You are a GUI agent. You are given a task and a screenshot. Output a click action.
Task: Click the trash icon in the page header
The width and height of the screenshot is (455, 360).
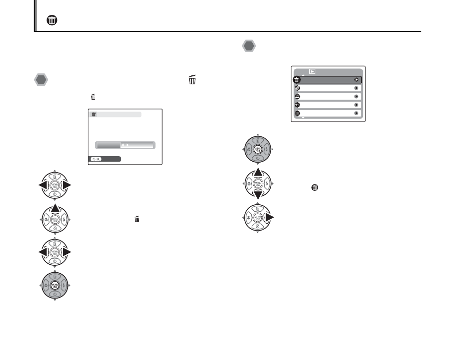click(x=51, y=20)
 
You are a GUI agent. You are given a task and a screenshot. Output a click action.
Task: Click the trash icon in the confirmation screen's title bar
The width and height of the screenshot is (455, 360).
click(x=93, y=115)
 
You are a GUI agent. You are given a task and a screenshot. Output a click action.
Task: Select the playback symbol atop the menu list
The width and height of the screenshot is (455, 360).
click(x=313, y=71)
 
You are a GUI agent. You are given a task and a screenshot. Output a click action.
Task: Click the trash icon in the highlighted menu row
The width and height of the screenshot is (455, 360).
click(x=297, y=79)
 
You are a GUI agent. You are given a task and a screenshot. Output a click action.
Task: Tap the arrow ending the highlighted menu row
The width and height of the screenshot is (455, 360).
click(x=356, y=79)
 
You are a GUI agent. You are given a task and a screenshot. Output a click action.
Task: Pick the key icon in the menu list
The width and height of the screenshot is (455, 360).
click(x=297, y=105)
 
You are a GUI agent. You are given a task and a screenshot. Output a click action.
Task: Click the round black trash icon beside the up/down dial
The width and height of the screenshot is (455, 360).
click(x=314, y=188)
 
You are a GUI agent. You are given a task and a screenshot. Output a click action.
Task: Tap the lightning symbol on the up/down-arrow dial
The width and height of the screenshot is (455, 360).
click(x=266, y=183)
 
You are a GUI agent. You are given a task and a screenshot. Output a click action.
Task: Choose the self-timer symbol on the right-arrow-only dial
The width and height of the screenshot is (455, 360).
click(x=257, y=227)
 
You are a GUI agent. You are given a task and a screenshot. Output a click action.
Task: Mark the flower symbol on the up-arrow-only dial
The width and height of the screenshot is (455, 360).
click(x=45, y=218)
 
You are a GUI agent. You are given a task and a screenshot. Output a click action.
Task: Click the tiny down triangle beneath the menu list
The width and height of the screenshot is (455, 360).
click(x=303, y=119)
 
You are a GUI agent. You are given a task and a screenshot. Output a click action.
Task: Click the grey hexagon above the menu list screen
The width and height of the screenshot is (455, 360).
click(x=249, y=46)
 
